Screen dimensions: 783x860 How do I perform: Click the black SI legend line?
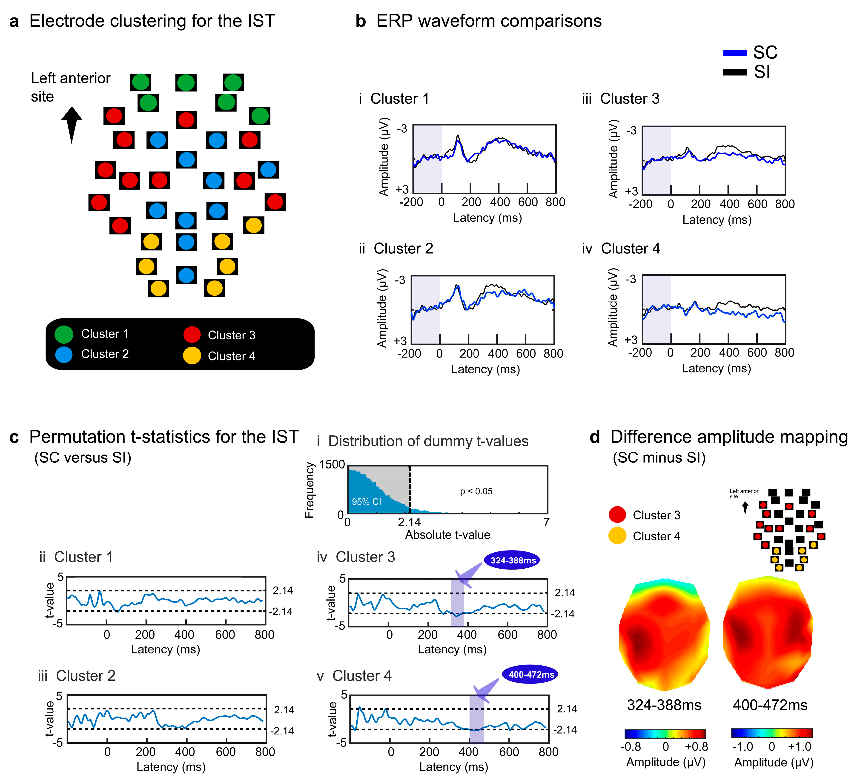pyautogui.click(x=735, y=72)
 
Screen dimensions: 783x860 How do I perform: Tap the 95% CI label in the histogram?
pyautogui.click(x=366, y=502)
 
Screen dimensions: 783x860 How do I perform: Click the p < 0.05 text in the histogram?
pyautogui.click(x=476, y=491)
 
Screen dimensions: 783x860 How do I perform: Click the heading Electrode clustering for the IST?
pyautogui.click(x=152, y=21)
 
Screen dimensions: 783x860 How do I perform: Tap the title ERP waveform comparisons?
pyautogui.click(x=488, y=21)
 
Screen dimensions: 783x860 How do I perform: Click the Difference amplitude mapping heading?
pyautogui.click(x=729, y=437)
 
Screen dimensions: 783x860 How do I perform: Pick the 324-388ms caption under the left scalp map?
pyautogui.click(x=664, y=705)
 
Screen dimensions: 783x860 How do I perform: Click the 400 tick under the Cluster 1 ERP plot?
pyautogui.click(x=499, y=202)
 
